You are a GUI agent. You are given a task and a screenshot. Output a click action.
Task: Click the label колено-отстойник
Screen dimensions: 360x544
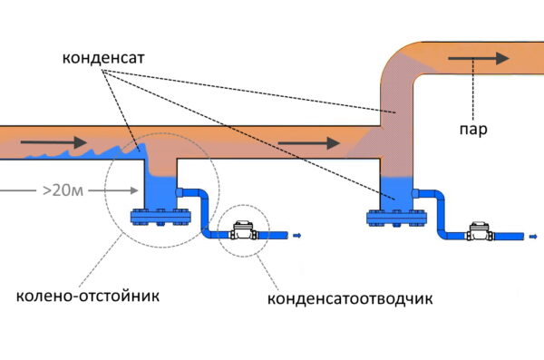pos(87,296)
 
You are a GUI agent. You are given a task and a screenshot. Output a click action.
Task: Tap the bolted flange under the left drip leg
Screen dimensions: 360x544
pos(160,218)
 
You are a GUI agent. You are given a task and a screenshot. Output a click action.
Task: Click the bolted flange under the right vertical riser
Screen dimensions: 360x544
pos(395,218)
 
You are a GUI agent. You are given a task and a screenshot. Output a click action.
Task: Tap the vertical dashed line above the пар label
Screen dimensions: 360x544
pos(468,95)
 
